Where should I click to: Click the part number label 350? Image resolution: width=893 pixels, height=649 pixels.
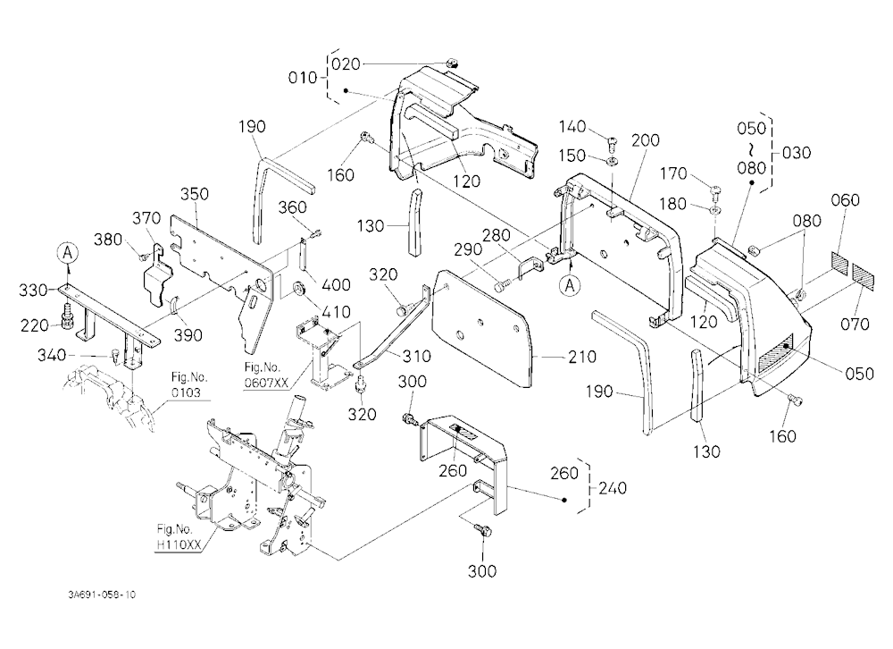pyautogui.click(x=195, y=194)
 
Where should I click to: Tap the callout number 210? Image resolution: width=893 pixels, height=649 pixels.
pyautogui.click(x=582, y=357)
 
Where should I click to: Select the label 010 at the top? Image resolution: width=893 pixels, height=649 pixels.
pyautogui.click(x=303, y=78)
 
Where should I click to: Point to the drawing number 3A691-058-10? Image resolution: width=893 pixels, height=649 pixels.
pyautogui.click(x=102, y=594)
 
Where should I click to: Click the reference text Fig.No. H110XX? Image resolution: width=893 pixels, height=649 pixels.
pyautogui.click(x=179, y=537)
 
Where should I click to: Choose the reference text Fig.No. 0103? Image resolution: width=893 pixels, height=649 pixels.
pyautogui.click(x=189, y=385)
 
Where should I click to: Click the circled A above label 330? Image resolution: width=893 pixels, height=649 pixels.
pyautogui.click(x=68, y=251)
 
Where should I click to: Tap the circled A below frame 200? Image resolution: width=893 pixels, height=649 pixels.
pyautogui.click(x=570, y=286)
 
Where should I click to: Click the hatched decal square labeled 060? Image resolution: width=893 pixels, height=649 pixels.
pyautogui.click(x=839, y=261)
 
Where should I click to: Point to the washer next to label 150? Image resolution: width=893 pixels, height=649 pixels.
pyautogui.click(x=612, y=161)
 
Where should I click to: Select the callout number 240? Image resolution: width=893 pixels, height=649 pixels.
pyautogui.click(x=613, y=488)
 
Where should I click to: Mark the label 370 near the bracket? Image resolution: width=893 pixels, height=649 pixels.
pyautogui.click(x=147, y=218)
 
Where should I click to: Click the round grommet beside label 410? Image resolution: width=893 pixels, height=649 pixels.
pyautogui.click(x=298, y=289)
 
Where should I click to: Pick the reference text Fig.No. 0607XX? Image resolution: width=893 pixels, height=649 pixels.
pyautogui.click(x=265, y=375)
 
